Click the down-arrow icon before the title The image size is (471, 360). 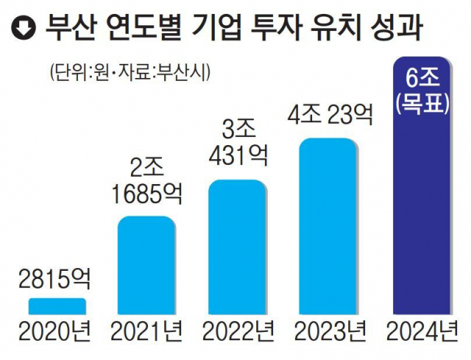25,30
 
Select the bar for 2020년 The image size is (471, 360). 58,306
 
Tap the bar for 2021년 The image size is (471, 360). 147,266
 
